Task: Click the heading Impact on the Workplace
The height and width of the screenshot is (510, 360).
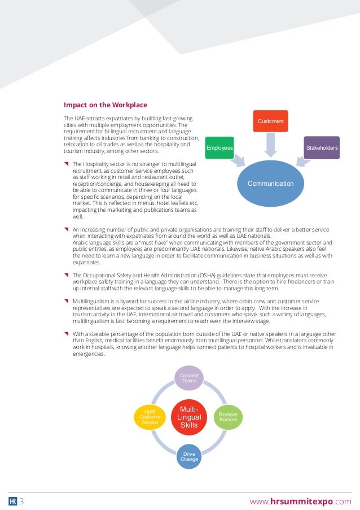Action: click(106, 105)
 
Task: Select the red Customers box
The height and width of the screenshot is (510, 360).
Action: click(270, 121)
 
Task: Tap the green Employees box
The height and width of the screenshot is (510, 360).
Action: click(219, 147)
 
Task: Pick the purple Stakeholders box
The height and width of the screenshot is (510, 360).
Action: click(322, 147)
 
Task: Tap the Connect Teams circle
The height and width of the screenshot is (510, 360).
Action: click(189, 378)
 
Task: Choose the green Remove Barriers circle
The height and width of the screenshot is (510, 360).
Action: click(228, 417)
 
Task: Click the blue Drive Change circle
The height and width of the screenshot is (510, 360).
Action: click(189, 456)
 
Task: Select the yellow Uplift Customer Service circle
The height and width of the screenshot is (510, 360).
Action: click(150, 417)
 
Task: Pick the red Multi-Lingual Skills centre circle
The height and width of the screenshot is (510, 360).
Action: click(189, 417)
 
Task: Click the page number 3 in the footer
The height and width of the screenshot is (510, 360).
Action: click(21, 502)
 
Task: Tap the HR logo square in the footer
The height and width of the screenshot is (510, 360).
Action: click(12, 502)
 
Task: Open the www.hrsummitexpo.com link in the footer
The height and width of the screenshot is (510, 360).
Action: click(300, 502)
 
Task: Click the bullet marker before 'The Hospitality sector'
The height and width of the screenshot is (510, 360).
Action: click(67, 164)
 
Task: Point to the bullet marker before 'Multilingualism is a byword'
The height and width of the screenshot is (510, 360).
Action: click(67, 302)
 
